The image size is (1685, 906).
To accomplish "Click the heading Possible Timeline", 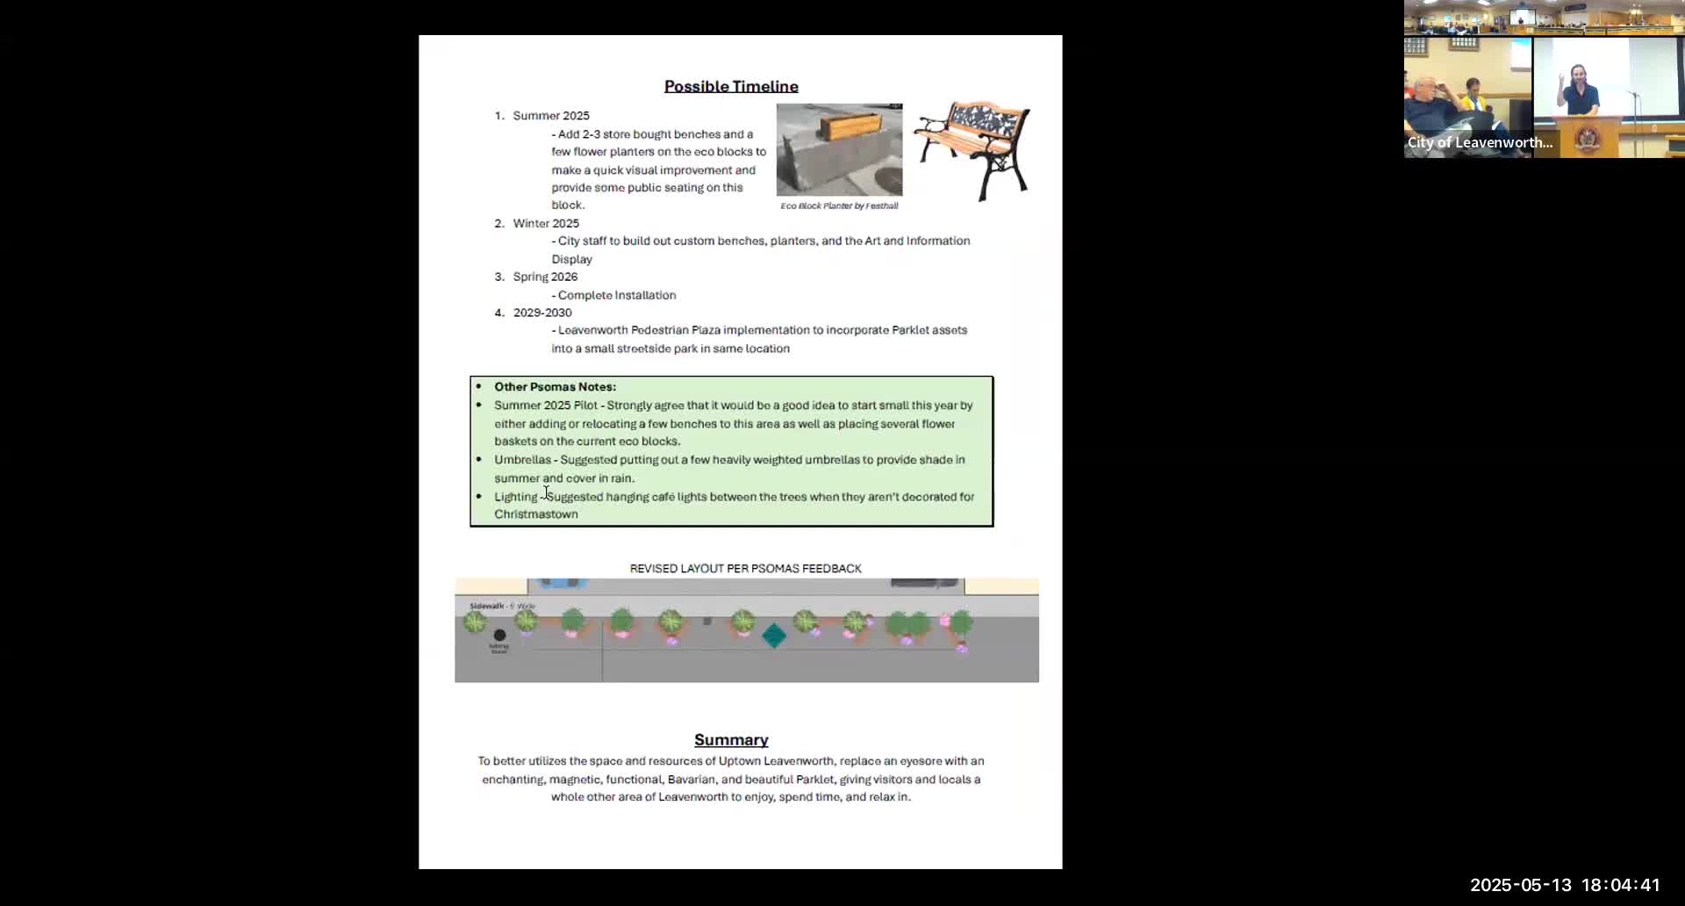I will click(731, 86).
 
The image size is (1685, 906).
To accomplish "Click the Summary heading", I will click(731, 740).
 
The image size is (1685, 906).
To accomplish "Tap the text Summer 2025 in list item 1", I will click(551, 116).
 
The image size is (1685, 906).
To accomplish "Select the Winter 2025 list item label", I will click(546, 223).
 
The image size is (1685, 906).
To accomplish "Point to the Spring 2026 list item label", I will click(545, 277).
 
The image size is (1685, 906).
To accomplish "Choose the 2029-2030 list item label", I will click(542, 313).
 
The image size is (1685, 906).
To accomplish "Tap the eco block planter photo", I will click(839, 149).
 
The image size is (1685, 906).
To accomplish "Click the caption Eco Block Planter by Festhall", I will click(839, 206).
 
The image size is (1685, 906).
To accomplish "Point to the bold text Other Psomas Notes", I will click(555, 386).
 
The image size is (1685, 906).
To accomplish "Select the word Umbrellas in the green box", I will click(522, 460).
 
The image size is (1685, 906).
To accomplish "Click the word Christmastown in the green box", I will click(536, 514).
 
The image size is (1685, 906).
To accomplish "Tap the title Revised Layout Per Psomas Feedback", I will click(745, 569).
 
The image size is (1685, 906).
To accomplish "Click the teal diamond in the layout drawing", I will click(774, 636).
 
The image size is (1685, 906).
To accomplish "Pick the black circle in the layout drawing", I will click(499, 635).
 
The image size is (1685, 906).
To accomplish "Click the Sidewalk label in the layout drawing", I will click(487, 606).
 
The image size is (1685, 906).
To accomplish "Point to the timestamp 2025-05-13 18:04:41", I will click(1565, 885).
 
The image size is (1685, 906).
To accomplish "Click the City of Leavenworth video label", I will click(1480, 142).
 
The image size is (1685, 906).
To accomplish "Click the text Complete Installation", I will click(617, 295).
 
